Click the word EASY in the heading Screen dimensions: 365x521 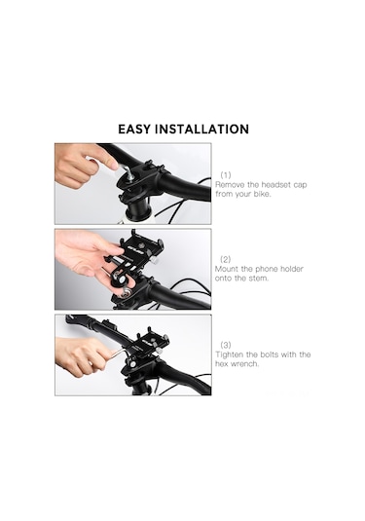tap(134, 129)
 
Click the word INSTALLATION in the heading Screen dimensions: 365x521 tap(201, 129)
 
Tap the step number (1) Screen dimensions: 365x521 tap(226, 174)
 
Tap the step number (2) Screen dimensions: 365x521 tap(226, 259)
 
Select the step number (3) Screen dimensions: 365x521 tap(226, 345)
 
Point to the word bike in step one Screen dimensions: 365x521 tap(262, 194)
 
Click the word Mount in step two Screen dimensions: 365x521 tap(227, 269)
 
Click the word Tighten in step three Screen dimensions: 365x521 tap(229, 354)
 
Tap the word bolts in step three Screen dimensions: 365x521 tap(269, 354)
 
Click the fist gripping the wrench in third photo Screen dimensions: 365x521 tap(82, 355)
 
